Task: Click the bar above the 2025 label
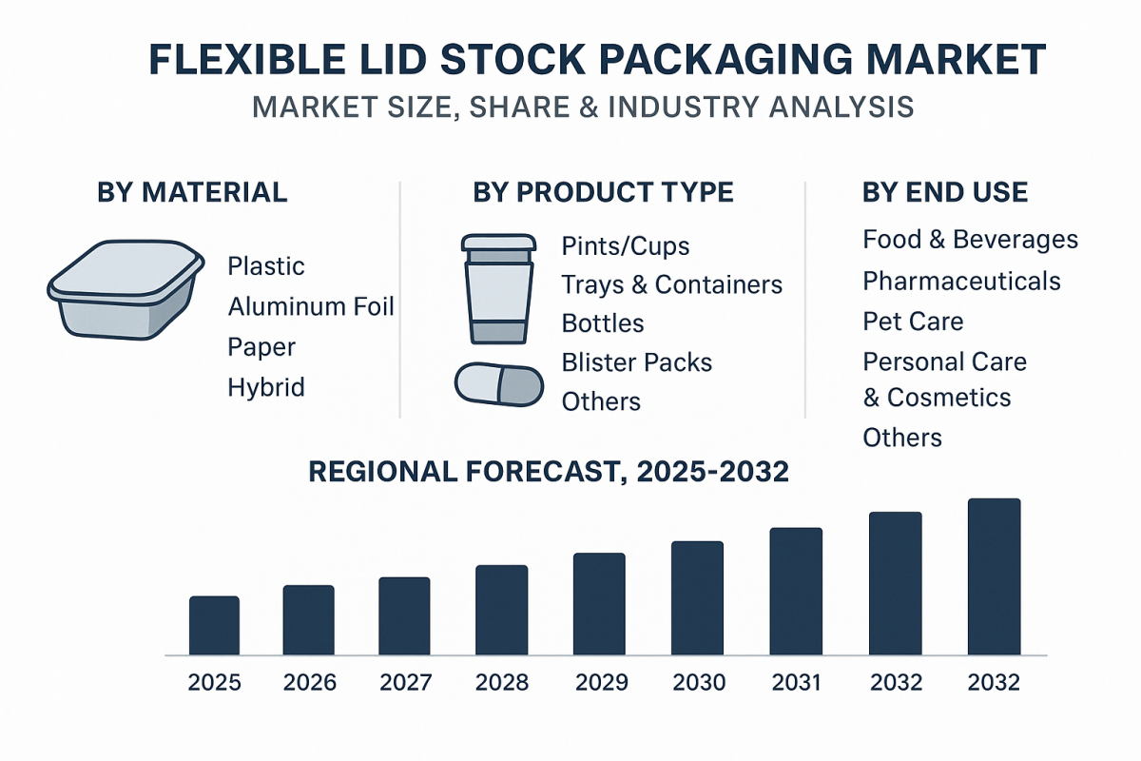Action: (x=214, y=625)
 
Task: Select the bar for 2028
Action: (x=501, y=610)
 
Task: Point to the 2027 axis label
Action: (x=405, y=683)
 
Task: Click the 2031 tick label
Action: (x=796, y=683)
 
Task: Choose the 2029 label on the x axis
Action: (x=601, y=683)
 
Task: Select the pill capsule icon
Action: (x=499, y=384)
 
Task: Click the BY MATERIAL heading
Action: (x=192, y=192)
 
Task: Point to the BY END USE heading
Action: (x=944, y=192)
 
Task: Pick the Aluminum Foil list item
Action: (x=311, y=306)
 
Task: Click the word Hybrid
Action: (x=266, y=387)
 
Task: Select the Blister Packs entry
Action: (x=636, y=362)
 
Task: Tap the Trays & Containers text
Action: (x=671, y=284)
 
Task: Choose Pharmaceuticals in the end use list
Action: (x=961, y=282)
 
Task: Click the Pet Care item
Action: (x=913, y=322)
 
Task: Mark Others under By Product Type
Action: (x=601, y=401)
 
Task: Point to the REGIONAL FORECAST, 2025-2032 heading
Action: (x=549, y=472)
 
